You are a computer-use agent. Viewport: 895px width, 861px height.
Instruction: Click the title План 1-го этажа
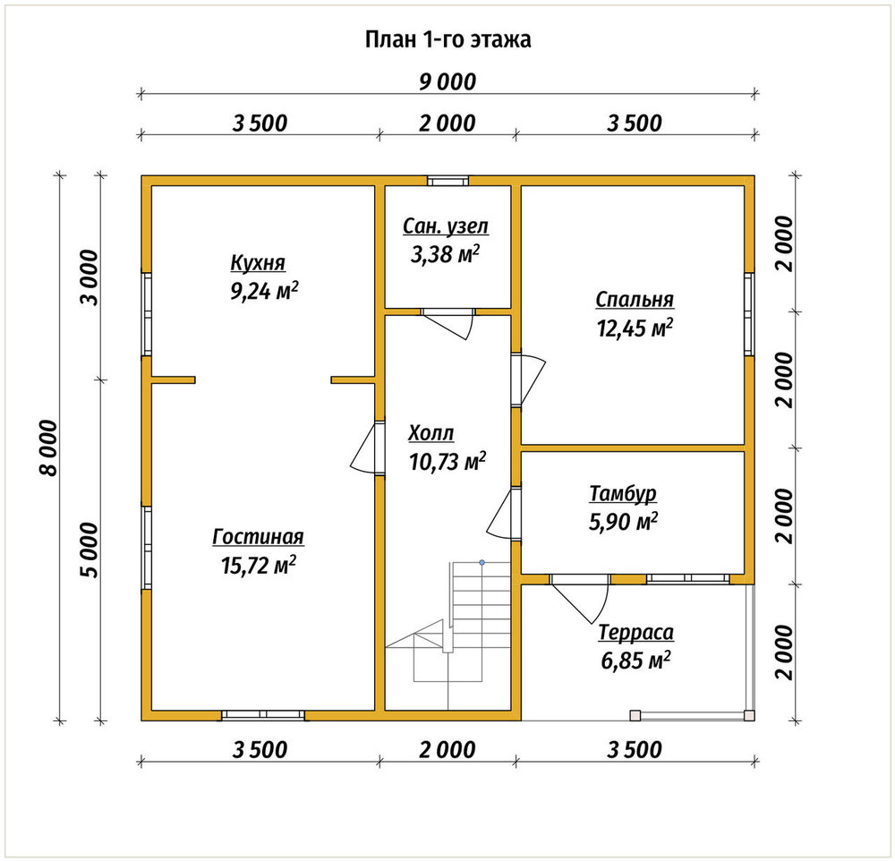click(448, 40)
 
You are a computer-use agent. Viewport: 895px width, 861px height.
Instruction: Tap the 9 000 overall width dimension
click(447, 82)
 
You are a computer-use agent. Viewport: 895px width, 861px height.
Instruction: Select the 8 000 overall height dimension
click(49, 448)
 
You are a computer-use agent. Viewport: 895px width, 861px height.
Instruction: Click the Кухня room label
click(258, 263)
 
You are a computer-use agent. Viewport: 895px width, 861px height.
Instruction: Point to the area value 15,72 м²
click(258, 566)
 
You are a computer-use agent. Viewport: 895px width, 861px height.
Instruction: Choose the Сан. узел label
click(446, 226)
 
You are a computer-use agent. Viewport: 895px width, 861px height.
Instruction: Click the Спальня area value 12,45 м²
click(635, 328)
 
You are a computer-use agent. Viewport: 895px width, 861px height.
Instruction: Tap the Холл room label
click(431, 433)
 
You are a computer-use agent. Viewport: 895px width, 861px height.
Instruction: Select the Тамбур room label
click(623, 494)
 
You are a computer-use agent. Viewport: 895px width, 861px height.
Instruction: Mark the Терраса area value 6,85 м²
click(635, 661)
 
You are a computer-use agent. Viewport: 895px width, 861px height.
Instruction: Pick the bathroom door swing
click(448, 324)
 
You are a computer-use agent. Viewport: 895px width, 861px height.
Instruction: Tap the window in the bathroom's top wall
click(448, 181)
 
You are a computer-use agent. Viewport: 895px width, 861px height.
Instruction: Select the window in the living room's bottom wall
click(263, 715)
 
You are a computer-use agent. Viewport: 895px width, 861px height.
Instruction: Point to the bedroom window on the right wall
click(749, 314)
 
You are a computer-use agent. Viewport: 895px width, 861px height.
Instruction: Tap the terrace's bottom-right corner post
click(749, 715)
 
